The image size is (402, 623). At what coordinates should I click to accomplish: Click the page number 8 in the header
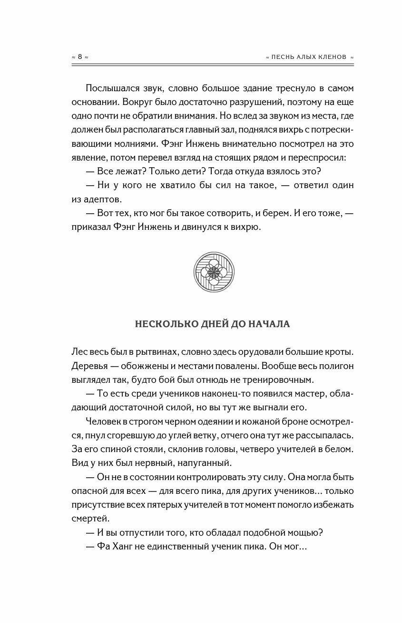pyautogui.click(x=80, y=57)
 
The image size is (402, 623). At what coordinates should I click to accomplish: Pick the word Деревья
pyautogui.click(x=89, y=367)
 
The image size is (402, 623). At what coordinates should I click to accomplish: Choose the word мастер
pyautogui.click(x=311, y=394)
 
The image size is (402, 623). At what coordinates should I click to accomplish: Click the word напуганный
pyautogui.click(x=204, y=463)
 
